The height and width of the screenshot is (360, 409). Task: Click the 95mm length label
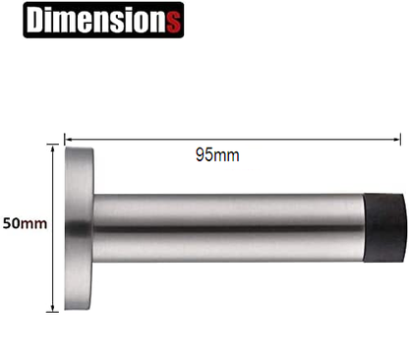click(x=217, y=154)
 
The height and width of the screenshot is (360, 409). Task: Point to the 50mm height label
click(x=25, y=223)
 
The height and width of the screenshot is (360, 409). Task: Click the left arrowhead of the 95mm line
click(x=69, y=139)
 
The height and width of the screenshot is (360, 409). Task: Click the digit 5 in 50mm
click(x=8, y=223)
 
